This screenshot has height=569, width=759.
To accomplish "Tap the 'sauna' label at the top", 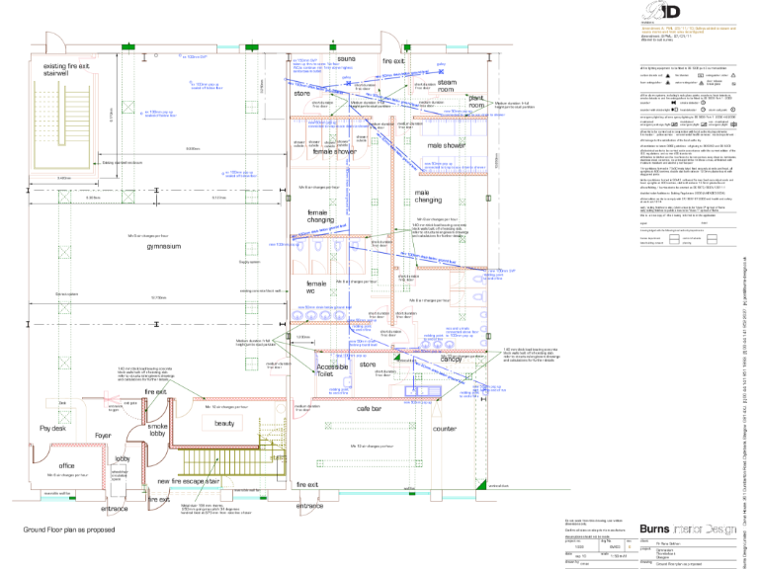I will tap(346, 58).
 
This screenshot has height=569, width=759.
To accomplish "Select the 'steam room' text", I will tap(447, 86).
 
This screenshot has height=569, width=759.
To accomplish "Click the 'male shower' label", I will tap(446, 146).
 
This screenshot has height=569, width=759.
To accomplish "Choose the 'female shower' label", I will tap(335, 152).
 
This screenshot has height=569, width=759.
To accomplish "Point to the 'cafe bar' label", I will tap(341, 408).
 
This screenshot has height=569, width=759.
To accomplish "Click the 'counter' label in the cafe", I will tap(444, 430).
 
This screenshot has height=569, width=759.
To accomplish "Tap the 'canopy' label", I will tap(452, 360).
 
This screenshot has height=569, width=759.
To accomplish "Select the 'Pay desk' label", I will tap(51, 429).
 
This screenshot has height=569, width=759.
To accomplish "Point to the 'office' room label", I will tap(67, 465).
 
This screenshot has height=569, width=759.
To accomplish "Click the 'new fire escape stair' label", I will tap(188, 481).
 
